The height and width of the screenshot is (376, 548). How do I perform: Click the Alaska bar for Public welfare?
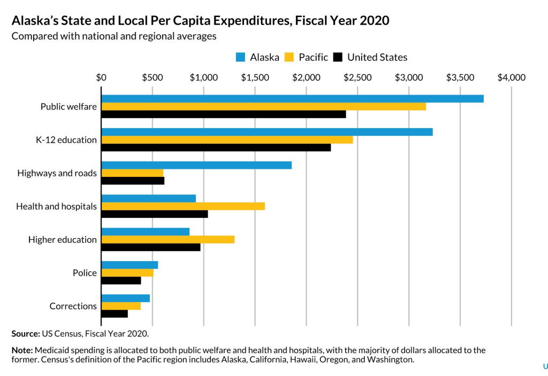click(x=292, y=99)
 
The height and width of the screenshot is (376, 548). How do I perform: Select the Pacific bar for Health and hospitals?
click(x=183, y=206)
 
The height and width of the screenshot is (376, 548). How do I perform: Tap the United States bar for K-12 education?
click(x=216, y=147)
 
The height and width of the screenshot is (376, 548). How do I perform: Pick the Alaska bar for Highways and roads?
click(x=196, y=165)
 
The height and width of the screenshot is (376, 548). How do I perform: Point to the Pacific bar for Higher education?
click(x=168, y=239)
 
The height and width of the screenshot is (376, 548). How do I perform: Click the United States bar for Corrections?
click(x=115, y=314)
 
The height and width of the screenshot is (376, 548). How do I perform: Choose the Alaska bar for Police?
click(x=130, y=265)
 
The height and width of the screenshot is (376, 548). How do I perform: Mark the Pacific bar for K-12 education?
click(x=227, y=139)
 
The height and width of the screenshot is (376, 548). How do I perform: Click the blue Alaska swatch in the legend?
click(x=240, y=57)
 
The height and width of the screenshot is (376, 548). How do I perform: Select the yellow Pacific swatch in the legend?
click(x=289, y=57)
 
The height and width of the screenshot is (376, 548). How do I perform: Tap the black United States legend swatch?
click(x=338, y=57)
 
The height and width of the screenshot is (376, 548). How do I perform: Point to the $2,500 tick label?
click(x=357, y=77)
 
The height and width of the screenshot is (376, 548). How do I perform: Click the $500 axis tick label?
click(x=153, y=77)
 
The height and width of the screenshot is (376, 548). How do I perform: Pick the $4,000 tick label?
click(x=512, y=77)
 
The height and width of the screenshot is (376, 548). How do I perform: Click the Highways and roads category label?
click(x=57, y=173)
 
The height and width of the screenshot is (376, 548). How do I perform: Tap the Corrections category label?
click(x=73, y=306)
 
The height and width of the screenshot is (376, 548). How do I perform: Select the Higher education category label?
click(x=63, y=240)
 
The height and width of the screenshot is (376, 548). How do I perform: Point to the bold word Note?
click(x=22, y=350)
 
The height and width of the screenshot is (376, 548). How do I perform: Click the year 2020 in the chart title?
click(x=375, y=21)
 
